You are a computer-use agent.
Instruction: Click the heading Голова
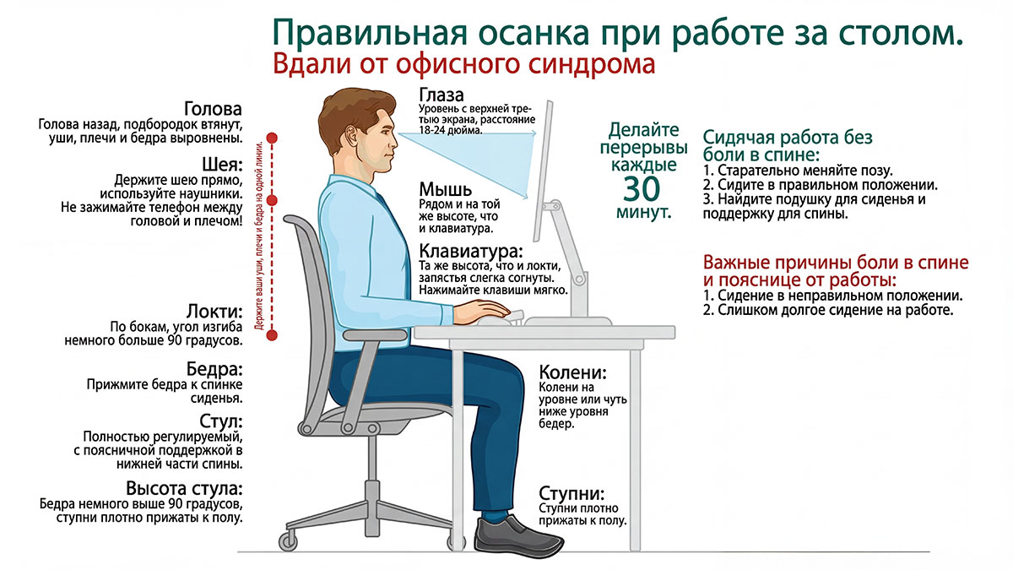pos(213,110)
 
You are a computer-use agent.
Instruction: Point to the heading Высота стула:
pos(184,489)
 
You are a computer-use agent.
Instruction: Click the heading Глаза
pos(441,95)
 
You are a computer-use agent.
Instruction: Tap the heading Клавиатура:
pos(470,251)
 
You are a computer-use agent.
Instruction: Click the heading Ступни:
pos(572,493)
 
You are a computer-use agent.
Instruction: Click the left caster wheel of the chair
pos(290,538)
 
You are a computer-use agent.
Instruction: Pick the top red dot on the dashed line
pos(272,137)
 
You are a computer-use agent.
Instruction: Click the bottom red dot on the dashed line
pos(272,335)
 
